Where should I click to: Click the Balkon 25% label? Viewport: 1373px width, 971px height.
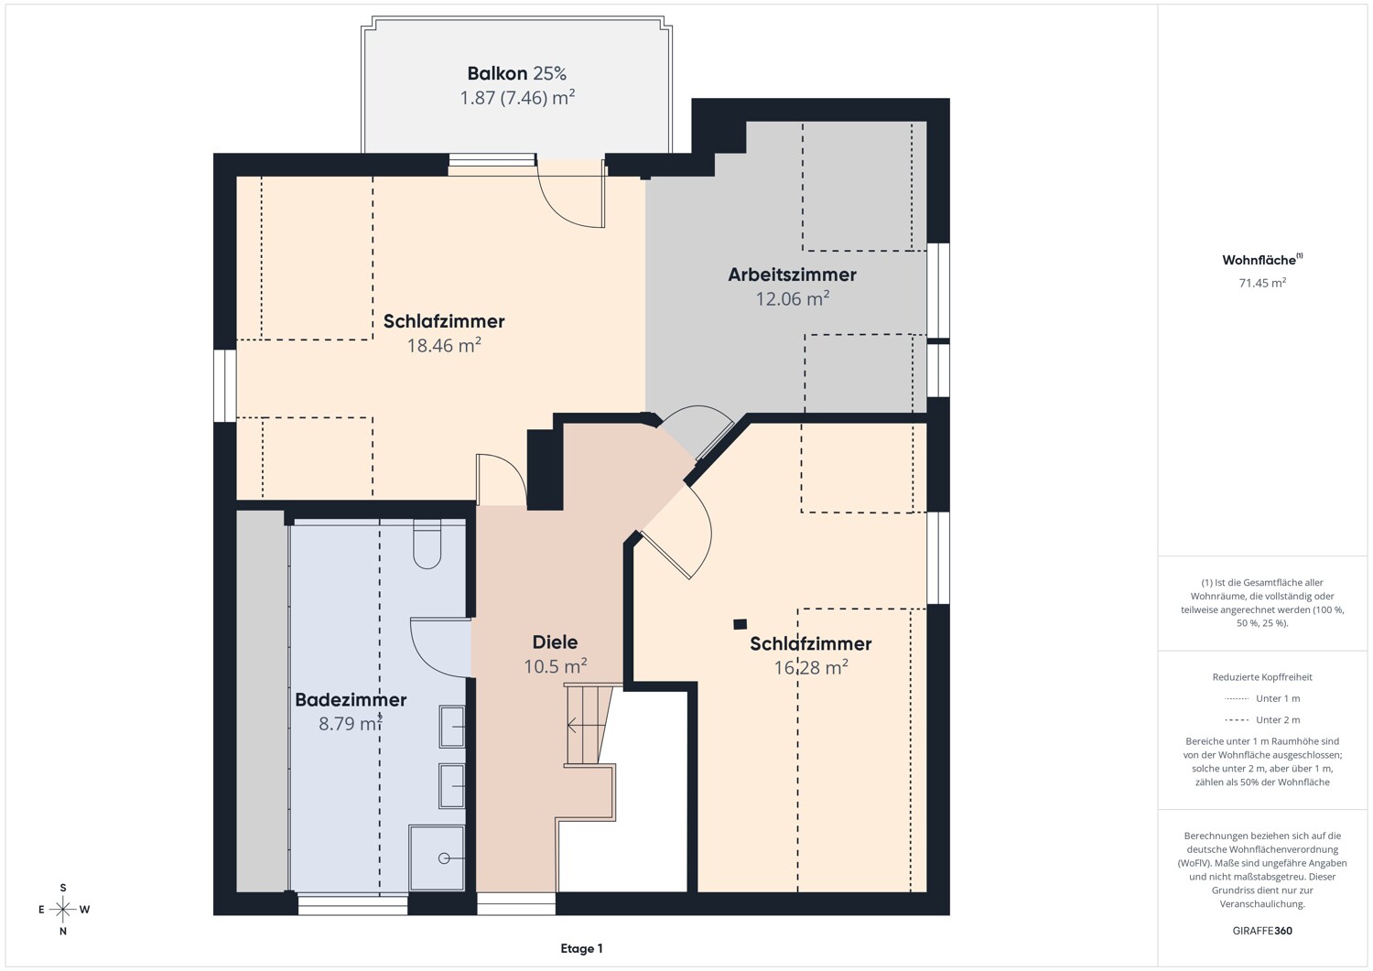coord(517,73)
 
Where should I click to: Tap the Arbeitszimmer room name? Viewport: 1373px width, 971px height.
coord(792,275)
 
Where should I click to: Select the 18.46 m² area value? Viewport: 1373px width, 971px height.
coord(444,345)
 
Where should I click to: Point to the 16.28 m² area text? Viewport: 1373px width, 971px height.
coord(811,667)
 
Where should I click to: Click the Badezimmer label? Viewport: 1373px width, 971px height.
coord(351,699)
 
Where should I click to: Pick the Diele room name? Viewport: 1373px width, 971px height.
coord(555,642)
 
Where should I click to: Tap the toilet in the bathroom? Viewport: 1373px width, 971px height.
coord(427,544)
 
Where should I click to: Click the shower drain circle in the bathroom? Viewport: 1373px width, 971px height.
coord(444,858)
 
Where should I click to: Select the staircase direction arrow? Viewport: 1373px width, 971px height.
coord(587,726)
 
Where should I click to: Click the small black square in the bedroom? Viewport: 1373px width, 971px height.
coord(741,625)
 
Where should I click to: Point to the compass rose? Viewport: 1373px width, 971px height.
coord(63,909)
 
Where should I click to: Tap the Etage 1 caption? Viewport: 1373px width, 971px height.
coord(581,948)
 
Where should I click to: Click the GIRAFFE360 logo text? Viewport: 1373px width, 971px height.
coord(1262,931)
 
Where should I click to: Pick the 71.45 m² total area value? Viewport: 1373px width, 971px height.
coord(1262,283)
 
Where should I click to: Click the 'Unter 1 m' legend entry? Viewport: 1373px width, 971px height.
coord(1262,698)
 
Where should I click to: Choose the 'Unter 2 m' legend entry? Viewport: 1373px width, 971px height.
coord(1262,719)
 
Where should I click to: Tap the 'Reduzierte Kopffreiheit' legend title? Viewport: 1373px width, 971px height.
coord(1262,676)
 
